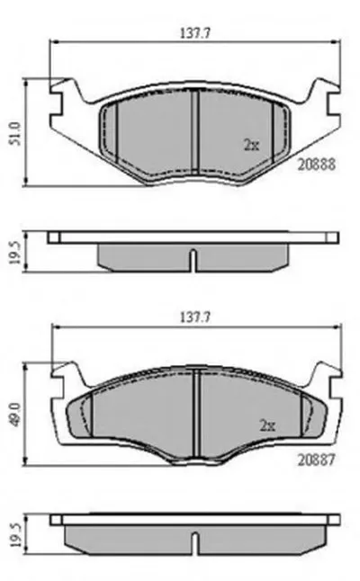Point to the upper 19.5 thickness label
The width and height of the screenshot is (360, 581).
click(x=14, y=252)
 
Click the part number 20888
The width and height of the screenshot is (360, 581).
click(x=317, y=165)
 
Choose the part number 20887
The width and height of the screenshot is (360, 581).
click(x=317, y=460)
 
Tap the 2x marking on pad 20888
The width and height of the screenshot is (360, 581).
click(x=251, y=145)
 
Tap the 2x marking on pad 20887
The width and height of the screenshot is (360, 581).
click(x=267, y=425)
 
